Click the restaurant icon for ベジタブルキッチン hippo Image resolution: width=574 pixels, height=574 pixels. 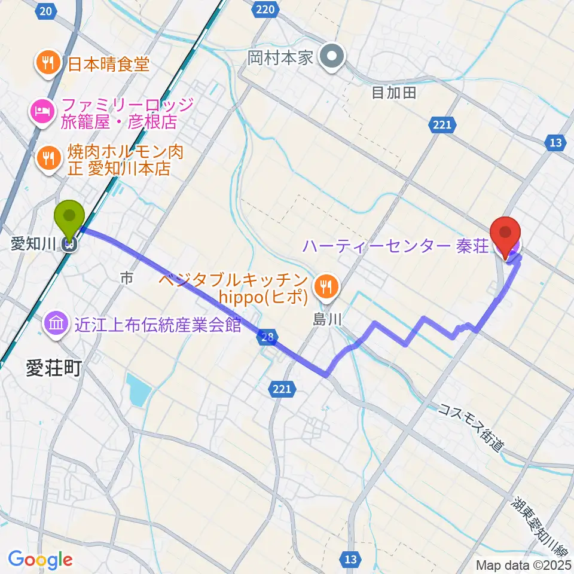[x=325, y=285]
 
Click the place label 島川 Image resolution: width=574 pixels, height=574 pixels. [x=327, y=320]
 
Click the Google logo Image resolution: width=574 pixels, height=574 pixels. [x=40, y=560]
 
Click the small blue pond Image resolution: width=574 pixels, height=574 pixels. [x=139, y=390]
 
